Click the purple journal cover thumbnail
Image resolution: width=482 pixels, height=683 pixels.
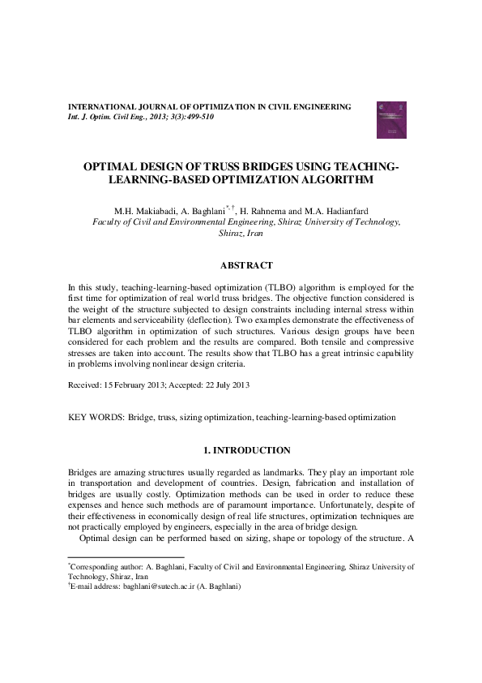point(387,119)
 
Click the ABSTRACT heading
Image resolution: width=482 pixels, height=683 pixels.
point(246,265)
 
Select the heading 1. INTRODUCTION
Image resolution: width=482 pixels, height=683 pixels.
point(246,449)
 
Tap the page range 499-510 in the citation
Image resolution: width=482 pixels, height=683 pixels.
point(198,117)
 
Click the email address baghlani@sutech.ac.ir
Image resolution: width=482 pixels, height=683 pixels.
point(160,586)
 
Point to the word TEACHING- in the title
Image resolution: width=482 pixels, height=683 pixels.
point(360,166)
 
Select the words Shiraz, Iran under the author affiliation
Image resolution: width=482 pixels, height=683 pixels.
point(246,233)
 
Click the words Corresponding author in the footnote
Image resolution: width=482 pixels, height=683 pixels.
point(99,567)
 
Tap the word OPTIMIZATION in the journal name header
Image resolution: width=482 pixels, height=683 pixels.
point(214,107)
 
